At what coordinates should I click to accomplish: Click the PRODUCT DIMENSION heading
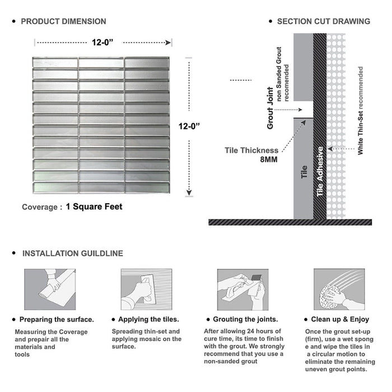coord(63,21)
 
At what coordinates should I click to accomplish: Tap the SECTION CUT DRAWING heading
coord(323,21)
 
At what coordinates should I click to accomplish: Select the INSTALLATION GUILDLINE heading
coord(72,253)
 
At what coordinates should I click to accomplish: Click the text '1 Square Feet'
coord(94,207)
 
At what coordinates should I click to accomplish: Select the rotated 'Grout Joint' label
coord(270,108)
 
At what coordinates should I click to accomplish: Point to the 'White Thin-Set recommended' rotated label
coord(361,111)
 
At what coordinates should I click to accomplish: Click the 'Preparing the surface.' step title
coord(57,319)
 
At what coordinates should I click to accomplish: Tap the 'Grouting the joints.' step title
coord(243,319)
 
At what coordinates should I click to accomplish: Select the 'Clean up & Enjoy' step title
coord(341,319)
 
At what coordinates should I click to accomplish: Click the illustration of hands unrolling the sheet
coord(49,289)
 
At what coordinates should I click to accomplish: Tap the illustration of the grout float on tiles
coord(240,289)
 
